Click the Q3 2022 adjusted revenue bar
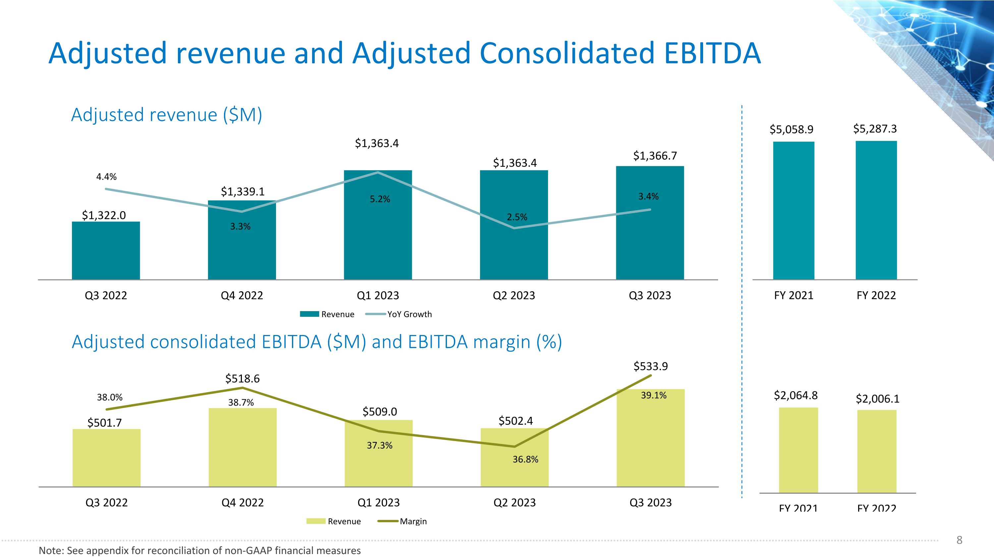click(106, 251)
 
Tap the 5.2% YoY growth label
click(380, 199)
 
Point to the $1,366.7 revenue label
click(655, 156)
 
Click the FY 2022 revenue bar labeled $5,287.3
click(876, 210)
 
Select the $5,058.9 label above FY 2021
click(792, 129)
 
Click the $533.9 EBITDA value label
click(651, 366)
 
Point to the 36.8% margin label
click(525, 459)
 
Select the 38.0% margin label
click(110, 397)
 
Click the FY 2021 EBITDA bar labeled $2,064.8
click(799, 450)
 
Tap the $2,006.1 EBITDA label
click(877, 399)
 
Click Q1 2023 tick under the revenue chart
click(378, 296)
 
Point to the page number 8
click(960, 540)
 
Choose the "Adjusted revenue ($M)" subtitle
click(167, 115)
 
